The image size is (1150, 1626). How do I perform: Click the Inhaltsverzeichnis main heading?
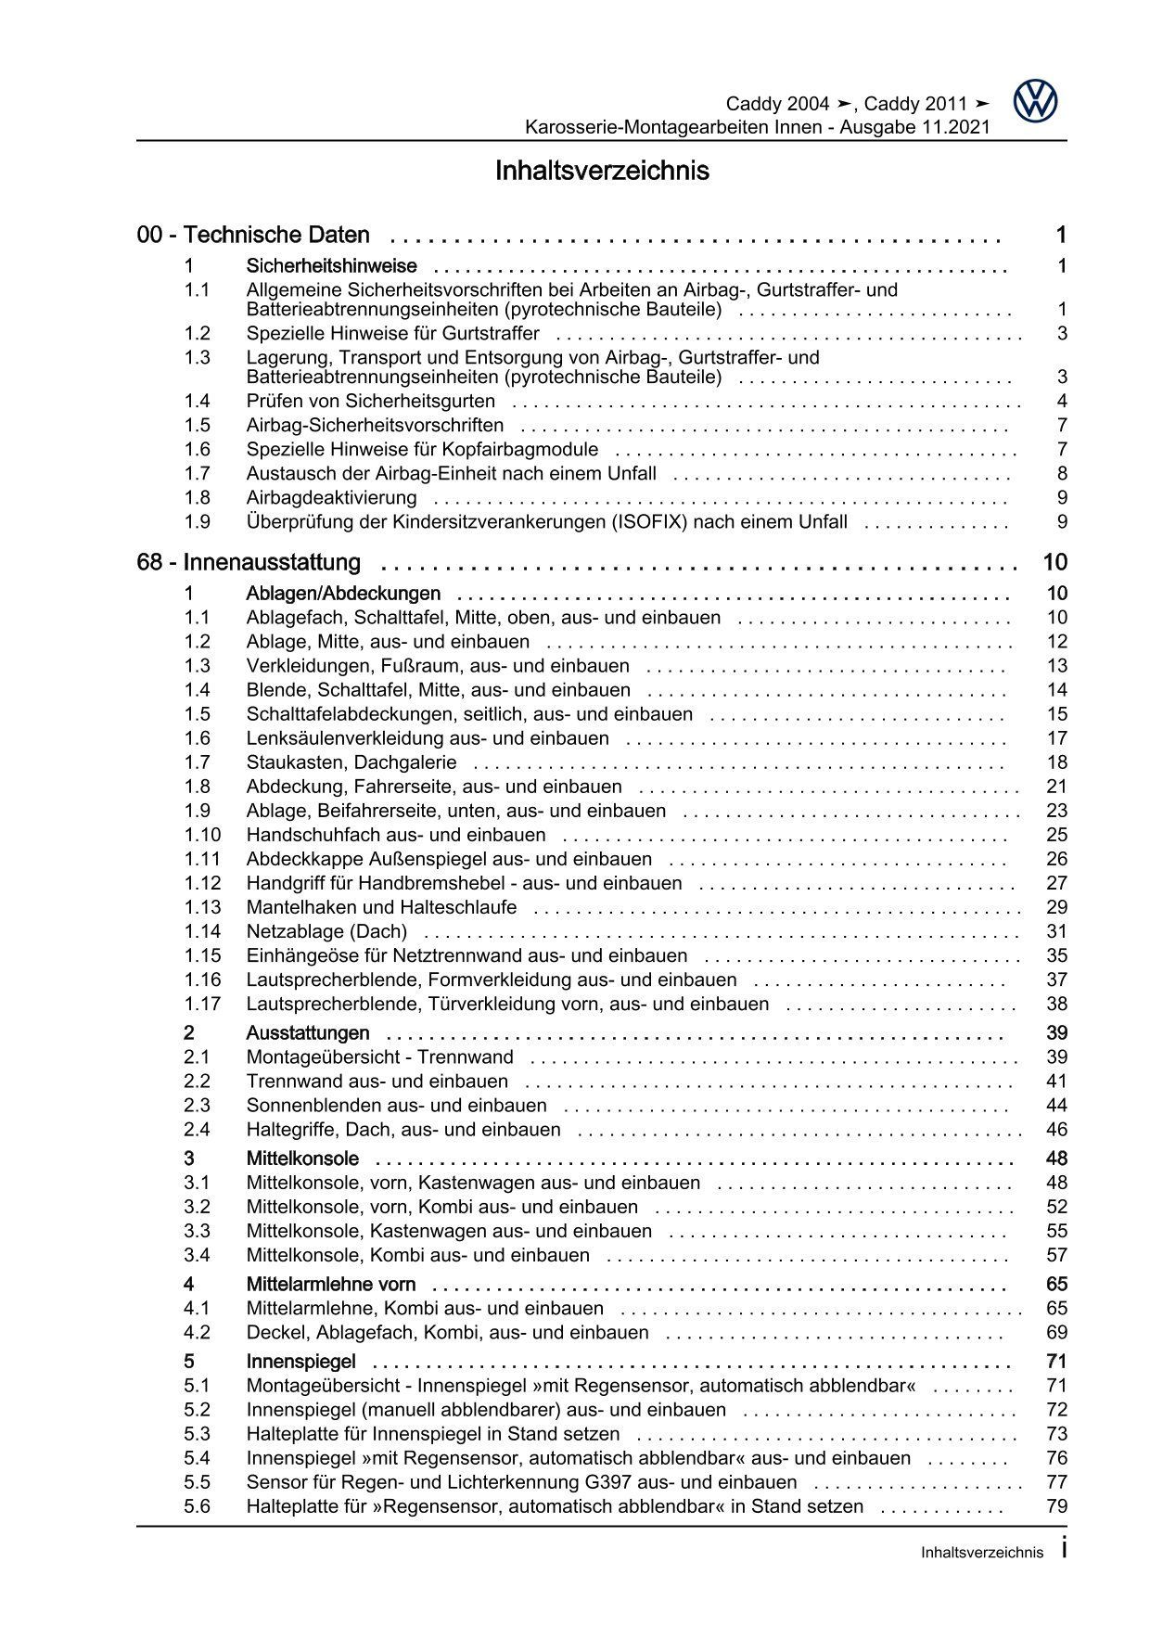[x=602, y=172]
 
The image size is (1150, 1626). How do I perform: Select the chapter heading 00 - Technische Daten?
[x=253, y=236]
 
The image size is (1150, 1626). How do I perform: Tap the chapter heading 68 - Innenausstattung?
[x=249, y=563]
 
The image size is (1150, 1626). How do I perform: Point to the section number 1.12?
[x=202, y=883]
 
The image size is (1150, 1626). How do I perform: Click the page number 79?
[x=1056, y=1506]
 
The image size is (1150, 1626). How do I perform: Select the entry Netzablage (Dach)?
[x=326, y=931]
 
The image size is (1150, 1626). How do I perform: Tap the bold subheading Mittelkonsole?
[x=302, y=1159]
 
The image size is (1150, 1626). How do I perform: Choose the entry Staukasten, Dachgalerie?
[x=351, y=762]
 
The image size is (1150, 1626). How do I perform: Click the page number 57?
[x=1056, y=1255]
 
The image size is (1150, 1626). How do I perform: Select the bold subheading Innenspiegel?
[x=301, y=1362]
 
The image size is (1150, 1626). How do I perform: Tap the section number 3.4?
[x=197, y=1255]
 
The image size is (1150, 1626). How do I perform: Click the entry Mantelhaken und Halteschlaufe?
[x=381, y=907]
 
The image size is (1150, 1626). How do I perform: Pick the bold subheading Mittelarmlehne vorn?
[x=330, y=1285]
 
